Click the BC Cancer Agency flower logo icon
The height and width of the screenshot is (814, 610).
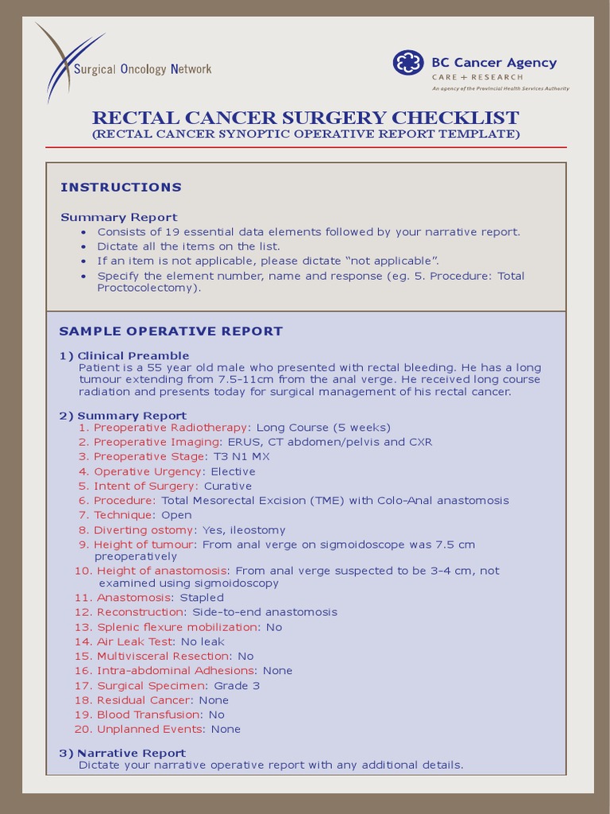point(409,64)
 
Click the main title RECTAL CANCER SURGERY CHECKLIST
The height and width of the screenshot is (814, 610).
point(306,118)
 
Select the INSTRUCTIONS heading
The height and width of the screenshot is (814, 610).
point(121,188)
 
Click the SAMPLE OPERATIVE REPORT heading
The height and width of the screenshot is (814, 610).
point(171,331)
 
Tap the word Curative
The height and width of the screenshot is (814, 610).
point(228,486)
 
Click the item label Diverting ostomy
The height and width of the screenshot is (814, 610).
point(144,530)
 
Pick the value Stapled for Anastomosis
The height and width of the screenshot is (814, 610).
point(202,598)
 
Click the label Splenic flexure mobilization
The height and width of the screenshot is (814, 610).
point(178,627)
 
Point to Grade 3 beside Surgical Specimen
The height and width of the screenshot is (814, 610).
point(237,686)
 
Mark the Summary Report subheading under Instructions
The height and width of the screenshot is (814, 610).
point(119,217)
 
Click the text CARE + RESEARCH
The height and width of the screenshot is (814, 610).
point(477,77)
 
